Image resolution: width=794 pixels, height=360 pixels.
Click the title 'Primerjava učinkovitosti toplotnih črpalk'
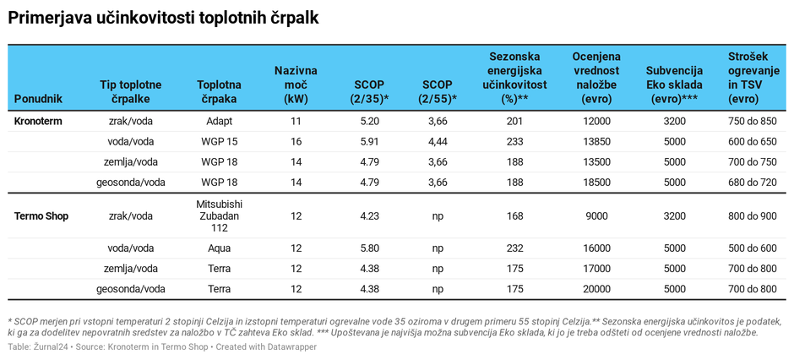pos(163,18)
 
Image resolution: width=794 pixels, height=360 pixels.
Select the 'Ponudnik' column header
pos(38,99)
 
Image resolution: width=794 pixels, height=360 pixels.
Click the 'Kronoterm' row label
pos(38,122)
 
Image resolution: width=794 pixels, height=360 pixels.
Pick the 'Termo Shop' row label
pos(41,216)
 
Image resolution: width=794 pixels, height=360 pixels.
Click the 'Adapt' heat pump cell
pos(219,122)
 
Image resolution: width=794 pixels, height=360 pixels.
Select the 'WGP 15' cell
pos(219,142)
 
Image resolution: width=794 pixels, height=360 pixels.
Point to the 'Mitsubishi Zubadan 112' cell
pos(219,216)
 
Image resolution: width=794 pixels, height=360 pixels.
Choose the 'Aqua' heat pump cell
pos(219,248)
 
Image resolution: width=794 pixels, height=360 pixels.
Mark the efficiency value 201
pos(514,122)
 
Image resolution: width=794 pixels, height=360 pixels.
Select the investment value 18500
pos(595,183)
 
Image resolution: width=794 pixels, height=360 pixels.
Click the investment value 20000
pos(595,289)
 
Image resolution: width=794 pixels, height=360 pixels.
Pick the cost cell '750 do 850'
pos(752,122)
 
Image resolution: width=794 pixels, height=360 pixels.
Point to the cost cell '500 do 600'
pos(752,248)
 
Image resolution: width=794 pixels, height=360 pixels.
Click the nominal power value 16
pos(296,142)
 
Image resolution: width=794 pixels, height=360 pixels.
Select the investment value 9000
pos(595,216)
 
